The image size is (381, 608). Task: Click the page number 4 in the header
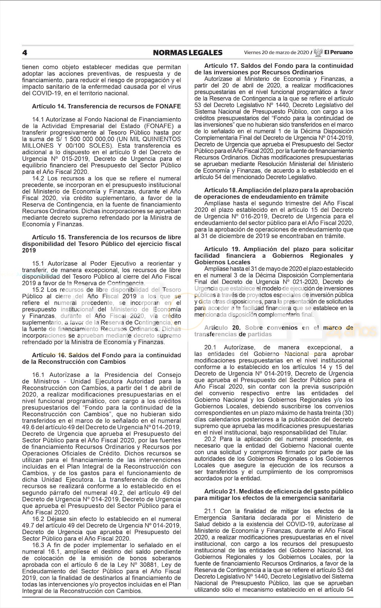25,52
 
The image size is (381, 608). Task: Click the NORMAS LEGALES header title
188,52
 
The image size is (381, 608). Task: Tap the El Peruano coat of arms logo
318,52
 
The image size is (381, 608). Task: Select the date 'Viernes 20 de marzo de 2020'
277,52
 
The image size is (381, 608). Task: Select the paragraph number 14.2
39,178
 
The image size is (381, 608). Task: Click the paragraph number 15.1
39,263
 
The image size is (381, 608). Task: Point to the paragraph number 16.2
39,519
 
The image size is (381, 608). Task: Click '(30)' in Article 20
348,413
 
